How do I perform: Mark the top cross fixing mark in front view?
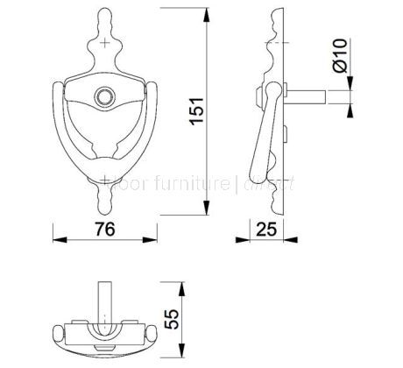pyautogui.click(x=106, y=42)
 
